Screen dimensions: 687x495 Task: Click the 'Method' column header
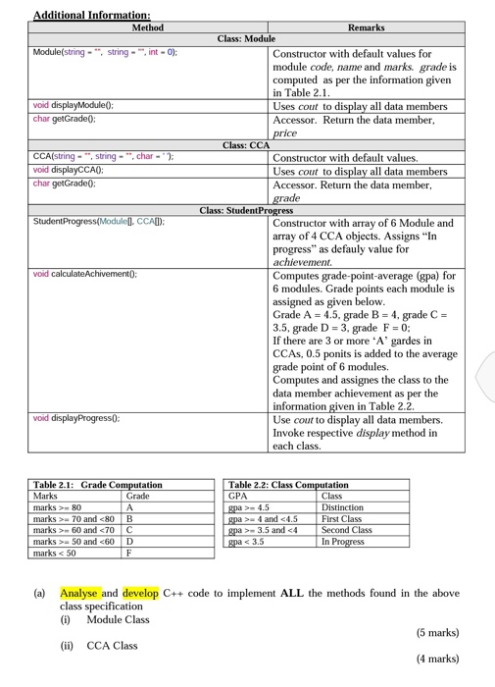coord(148,28)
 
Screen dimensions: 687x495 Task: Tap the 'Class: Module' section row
coord(247,39)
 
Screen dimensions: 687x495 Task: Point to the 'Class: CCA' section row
coord(247,146)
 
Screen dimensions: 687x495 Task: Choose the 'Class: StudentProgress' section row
coord(247,210)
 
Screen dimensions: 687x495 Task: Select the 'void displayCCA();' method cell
coord(68,170)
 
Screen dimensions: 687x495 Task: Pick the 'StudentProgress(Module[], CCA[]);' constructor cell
coord(98,221)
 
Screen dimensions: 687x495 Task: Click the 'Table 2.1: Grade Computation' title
coord(97,485)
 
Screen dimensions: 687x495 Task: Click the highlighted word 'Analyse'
coord(78,593)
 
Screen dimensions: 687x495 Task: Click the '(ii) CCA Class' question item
coord(100,645)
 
